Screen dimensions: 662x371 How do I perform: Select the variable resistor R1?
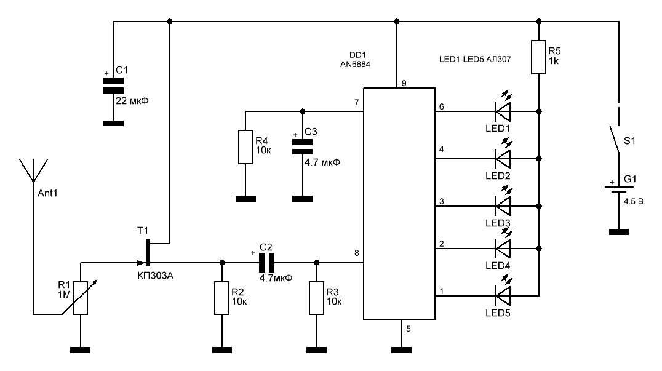(80, 298)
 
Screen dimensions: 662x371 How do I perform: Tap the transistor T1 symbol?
(147, 252)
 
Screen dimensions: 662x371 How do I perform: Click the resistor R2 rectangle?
(222, 298)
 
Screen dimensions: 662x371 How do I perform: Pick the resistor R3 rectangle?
(317, 298)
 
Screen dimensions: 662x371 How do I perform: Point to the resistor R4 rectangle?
(245, 147)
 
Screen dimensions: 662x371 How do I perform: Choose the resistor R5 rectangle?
(539, 57)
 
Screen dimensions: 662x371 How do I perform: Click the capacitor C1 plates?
(113, 86)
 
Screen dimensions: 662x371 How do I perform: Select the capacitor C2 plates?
(266, 263)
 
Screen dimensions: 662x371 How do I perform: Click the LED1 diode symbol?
(503, 111)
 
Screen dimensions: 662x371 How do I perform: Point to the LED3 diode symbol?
(503, 206)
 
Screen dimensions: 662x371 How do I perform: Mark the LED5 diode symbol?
(503, 295)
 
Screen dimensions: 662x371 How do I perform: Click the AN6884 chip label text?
(355, 65)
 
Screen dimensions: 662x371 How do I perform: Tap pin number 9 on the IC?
(404, 83)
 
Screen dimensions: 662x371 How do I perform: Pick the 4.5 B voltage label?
(633, 202)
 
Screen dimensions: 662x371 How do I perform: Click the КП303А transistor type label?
(155, 276)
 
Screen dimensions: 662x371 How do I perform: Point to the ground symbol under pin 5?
(401, 350)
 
